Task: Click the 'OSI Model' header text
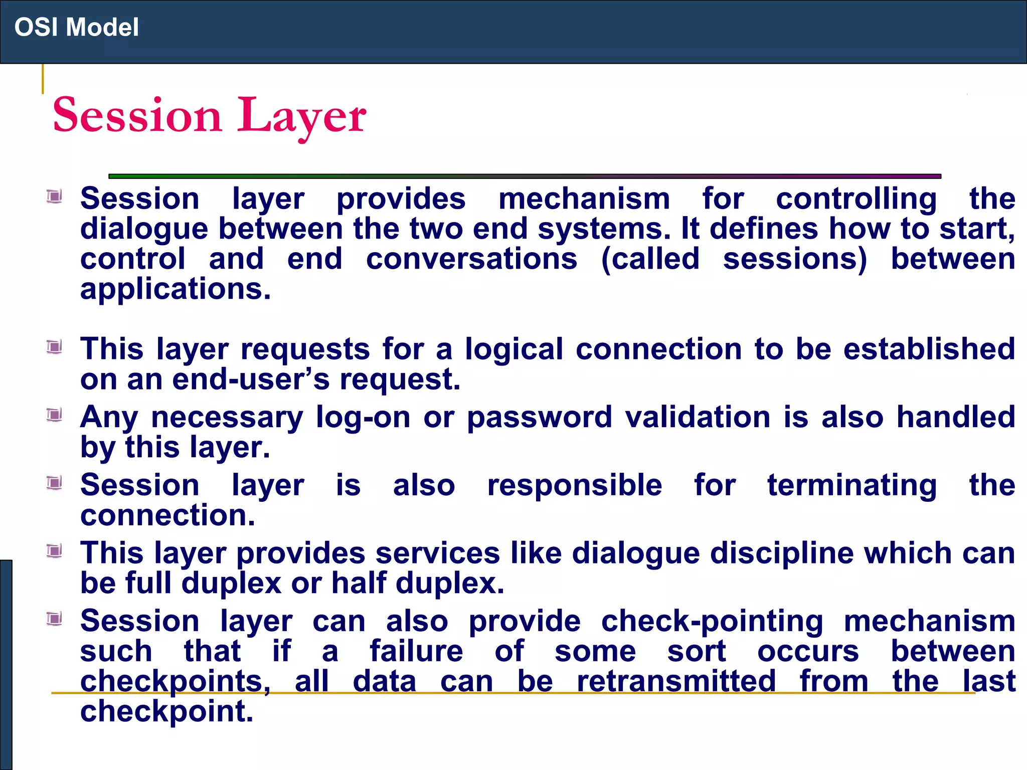click(76, 27)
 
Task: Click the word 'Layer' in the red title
click(301, 116)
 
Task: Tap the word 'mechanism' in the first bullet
click(584, 199)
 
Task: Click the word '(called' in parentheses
click(650, 259)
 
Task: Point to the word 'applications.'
click(176, 289)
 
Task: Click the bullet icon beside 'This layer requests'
click(54, 347)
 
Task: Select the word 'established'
click(929, 349)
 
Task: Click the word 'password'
click(539, 418)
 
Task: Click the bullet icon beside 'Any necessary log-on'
click(54, 415)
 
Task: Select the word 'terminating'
click(851, 485)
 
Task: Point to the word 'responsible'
click(574, 485)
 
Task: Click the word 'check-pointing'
click(712, 622)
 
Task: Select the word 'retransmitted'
click(676, 681)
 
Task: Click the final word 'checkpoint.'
click(166, 711)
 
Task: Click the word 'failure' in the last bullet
click(416, 651)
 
